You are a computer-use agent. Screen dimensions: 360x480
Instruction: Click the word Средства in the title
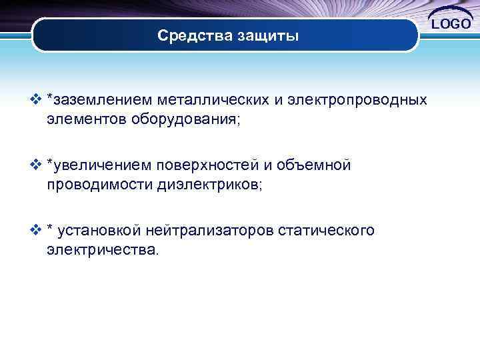(193, 36)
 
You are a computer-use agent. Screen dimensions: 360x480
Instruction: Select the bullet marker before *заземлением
(36, 100)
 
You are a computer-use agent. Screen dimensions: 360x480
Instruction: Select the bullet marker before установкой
(36, 230)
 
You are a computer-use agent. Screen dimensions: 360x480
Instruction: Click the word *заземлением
(99, 100)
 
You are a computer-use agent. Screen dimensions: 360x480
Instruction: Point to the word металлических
(213, 100)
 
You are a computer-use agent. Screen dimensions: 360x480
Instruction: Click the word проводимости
(100, 185)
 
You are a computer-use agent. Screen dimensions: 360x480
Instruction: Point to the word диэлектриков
(210, 185)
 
